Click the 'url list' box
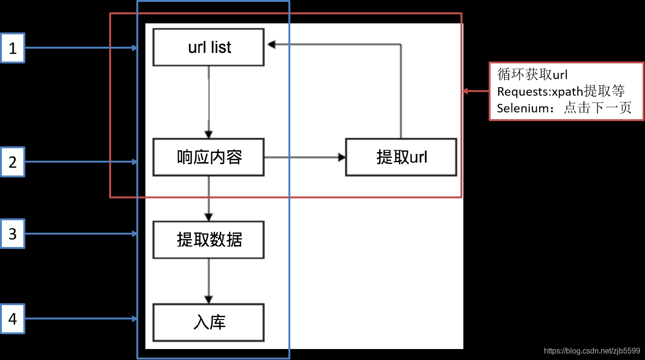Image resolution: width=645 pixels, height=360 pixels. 208,47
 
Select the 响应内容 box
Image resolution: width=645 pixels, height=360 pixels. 208,157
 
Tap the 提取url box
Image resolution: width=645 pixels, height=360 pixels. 401,157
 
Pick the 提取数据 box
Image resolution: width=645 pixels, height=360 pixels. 208,239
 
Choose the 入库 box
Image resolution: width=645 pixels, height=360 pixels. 208,323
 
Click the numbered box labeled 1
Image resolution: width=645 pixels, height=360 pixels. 13,48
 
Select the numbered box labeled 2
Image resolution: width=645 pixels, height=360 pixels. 13,162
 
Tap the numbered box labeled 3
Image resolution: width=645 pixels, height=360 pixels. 13,234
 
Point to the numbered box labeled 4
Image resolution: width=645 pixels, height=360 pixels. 13,319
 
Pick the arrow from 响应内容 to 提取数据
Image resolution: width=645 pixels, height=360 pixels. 208,198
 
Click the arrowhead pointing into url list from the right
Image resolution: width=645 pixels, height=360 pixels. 271,44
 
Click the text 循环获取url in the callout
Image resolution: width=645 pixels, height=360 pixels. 532,74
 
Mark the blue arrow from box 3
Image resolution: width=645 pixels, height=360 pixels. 81,234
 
